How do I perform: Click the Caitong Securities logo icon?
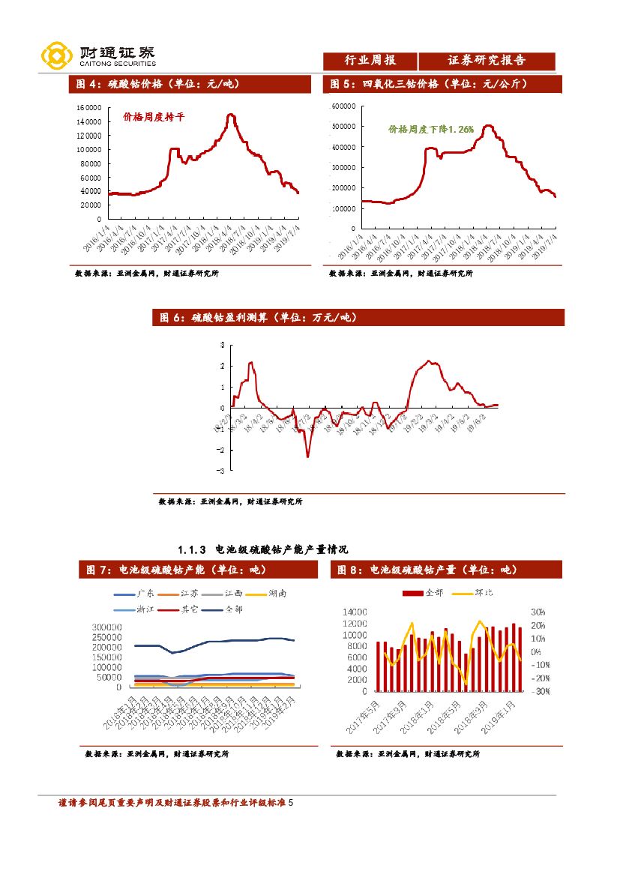click(56, 55)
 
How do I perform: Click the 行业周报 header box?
click(370, 61)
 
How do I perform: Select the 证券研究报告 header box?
click(487, 61)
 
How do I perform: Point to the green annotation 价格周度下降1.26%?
click(431, 130)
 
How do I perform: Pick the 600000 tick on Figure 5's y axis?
click(343, 106)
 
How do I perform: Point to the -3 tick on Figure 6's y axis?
click(221, 471)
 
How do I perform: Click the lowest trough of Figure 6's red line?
click(307, 456)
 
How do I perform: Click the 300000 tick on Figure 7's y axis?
click(106, 627)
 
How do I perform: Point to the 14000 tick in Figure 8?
click(354, 612)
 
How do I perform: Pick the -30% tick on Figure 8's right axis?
click(540, 691)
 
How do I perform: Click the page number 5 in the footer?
click(291, 803)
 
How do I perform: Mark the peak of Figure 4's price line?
click(231, 115)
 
